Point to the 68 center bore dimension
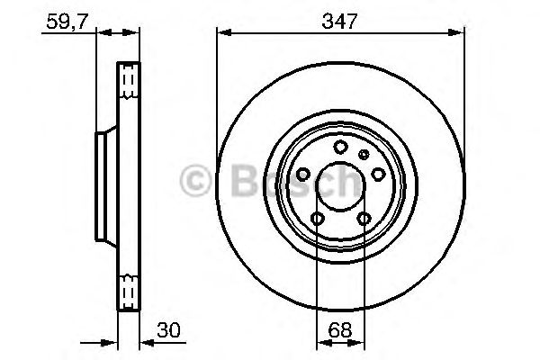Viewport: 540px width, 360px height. pos(339,331)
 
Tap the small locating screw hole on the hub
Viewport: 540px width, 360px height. pos(364,155)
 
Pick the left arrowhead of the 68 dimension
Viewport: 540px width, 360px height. pos(319,343)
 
